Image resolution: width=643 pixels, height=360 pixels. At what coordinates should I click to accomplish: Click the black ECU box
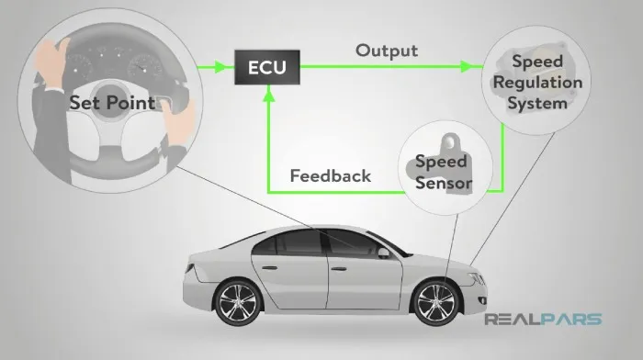point(267,67)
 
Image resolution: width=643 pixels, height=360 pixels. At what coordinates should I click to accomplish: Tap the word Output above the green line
point(387,51)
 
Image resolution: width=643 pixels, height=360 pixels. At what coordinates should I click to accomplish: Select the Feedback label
point(331,176)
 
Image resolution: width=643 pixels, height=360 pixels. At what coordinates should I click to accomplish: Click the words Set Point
point(112,103)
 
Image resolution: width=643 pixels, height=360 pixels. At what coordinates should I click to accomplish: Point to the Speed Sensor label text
point(443,173)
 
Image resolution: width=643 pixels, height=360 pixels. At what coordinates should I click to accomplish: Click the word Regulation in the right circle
point(537,84)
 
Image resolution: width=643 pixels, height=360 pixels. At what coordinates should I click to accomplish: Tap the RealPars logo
point(543,319)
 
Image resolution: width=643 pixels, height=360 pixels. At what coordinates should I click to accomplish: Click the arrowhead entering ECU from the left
point(220,66)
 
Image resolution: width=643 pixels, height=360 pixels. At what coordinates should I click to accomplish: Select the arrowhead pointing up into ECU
point(268,96)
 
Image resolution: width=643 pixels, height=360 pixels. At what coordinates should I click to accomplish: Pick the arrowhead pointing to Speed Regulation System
point(467,66)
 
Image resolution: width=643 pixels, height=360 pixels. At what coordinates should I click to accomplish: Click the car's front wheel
point(435,303)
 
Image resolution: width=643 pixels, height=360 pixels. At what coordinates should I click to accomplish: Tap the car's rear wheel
point(237,303)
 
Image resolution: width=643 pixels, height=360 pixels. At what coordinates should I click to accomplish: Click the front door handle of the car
point(339,269)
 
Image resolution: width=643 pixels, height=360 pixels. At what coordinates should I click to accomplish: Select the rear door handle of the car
point(269,268)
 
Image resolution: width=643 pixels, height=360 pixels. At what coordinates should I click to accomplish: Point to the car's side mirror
point(383,253)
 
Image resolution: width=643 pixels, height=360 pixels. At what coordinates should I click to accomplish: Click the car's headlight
point(476,279)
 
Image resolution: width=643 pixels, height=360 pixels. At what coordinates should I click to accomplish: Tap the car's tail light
point(190,268)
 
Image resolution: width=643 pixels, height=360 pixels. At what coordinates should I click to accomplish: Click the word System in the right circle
point(537,104)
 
